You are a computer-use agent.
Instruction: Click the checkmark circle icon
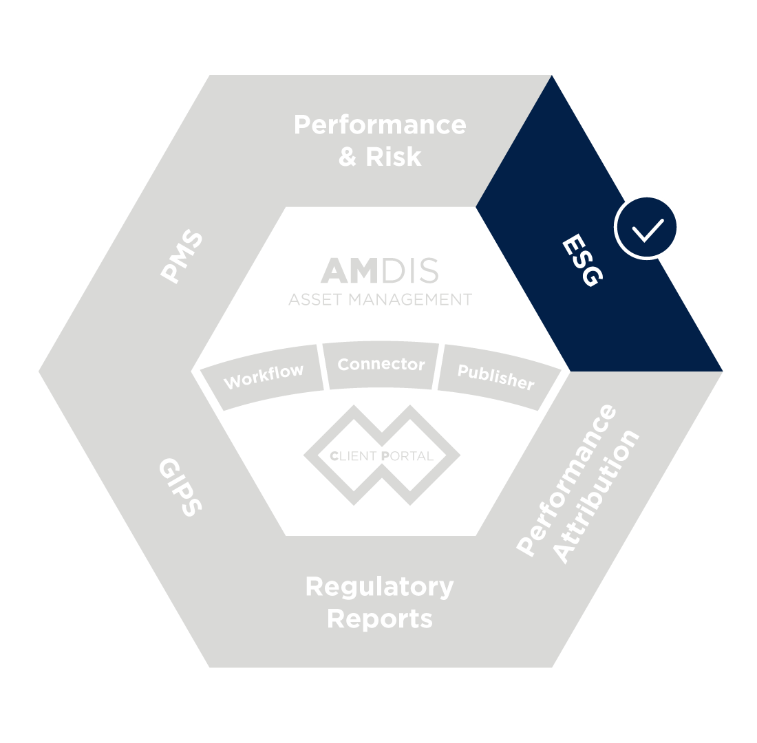coord(647,227)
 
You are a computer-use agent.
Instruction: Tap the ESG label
coord(582,261)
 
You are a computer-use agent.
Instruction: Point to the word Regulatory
coord(379,587)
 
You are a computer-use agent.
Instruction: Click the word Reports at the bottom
coord(379,618)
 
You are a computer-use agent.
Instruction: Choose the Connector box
coord(381,365)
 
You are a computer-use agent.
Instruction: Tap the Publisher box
coord(496,377)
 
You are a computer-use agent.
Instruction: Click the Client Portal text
coord(381,455)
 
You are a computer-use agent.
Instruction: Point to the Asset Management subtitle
coord(380,300)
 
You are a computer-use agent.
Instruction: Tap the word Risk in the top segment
coord(394,156)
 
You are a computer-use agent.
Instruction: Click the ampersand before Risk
coord(348,156)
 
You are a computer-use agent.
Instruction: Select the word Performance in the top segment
coord(379,125)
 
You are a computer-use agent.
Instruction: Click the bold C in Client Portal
coord(334,455)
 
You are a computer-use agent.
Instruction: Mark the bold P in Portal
coord(389,455)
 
